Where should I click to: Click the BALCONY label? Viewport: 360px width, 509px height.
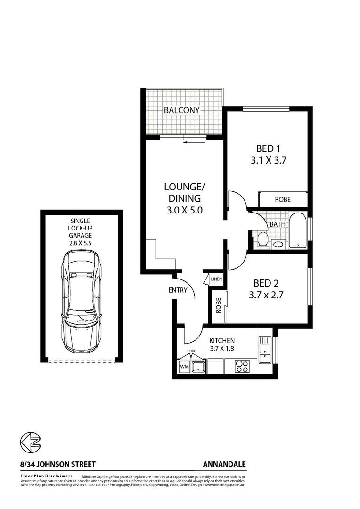[182, 110]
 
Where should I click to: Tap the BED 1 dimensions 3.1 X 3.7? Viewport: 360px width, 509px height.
[269, 160]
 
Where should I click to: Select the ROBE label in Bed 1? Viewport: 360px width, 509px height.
[283, 199]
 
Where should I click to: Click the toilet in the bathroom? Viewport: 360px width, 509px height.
[262, 239]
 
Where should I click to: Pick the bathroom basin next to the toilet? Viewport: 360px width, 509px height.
[278, 244]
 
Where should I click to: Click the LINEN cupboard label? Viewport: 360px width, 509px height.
[216, 279]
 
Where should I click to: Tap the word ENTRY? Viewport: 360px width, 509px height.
[178, 290]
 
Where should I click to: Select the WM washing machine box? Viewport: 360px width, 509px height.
[183, 367]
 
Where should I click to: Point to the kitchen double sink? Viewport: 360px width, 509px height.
[265, 349]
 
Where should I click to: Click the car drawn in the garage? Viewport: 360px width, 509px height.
[82, 302]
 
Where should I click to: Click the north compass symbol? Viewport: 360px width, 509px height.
[31, 443]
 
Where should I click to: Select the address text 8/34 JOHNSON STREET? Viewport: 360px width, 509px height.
[57, 464]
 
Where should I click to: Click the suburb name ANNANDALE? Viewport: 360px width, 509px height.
[225, 464]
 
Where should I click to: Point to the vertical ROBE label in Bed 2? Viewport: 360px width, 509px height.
[218, 306]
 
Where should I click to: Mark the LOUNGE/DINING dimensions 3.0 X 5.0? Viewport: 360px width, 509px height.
[184, 210]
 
